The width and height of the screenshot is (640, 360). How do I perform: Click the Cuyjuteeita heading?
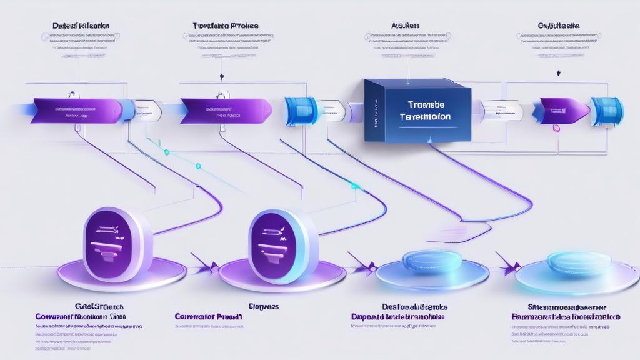(x=558, y=26)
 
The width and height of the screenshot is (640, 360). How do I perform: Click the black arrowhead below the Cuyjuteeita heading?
(x=558, y=73)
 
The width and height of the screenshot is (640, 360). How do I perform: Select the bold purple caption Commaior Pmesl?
(x=208, y=317)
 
